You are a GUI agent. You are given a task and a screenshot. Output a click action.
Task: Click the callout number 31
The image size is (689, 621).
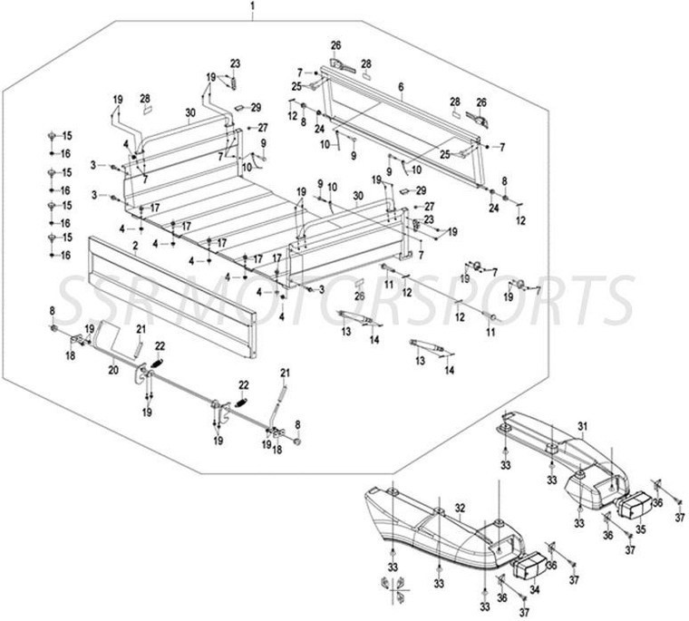tap(584, 426)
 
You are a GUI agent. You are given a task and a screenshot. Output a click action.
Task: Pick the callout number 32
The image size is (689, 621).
tap(460, 507)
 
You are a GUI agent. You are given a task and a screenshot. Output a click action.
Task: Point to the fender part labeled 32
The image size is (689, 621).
tap(426, 535)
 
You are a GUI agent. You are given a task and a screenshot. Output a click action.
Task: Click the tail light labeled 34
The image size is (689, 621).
tap(525, 568)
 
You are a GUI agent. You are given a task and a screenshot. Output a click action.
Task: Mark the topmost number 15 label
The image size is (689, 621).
tap(66, 135)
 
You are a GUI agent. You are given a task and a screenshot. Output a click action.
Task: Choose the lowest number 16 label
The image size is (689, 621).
tap(65, 256)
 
